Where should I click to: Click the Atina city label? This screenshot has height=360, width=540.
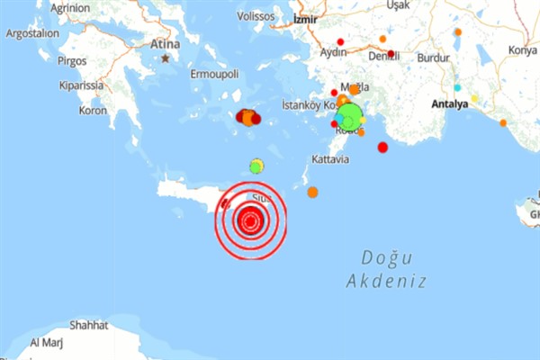coord(165,43)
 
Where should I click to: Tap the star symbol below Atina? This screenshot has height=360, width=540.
coord(166,58)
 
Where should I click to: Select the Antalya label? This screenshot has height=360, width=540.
coord(450,104)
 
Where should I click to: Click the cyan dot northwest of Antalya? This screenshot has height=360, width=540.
coord(457,87)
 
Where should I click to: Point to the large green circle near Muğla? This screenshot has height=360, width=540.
coord(349,114)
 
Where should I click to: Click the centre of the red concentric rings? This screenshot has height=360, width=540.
coord(250,219)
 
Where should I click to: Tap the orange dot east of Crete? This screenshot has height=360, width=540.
coord(312,192)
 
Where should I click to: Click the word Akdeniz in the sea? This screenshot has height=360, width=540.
coord(387,281)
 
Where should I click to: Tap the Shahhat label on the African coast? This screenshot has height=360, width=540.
coord(88,325)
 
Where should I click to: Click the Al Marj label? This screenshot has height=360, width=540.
coord(47,343)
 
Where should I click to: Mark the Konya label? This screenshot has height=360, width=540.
coord(522,50)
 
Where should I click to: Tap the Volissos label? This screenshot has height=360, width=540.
coord(255,16)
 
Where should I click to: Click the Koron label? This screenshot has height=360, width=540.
coord(93,111)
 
